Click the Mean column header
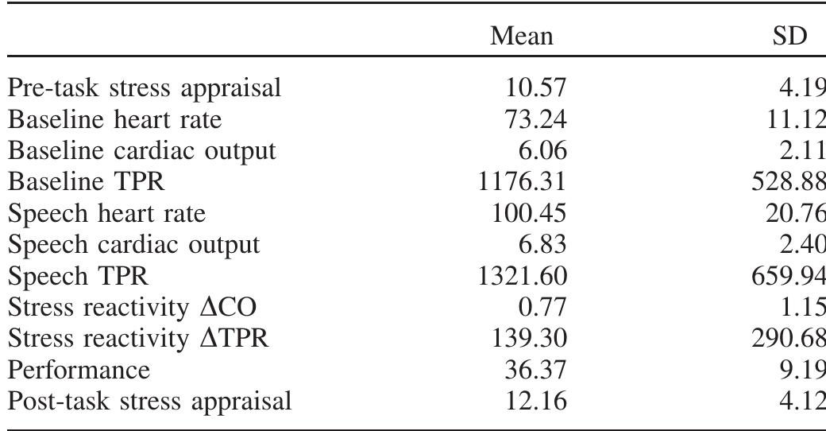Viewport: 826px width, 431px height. [x=521, y=36]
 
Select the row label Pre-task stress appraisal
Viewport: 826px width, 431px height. [x=145, y=88]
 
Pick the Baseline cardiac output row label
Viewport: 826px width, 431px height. [x=141, y=150]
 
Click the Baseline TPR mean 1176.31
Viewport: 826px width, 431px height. [x=520, y=182]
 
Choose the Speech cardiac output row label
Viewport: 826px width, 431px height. [x=134, y=245]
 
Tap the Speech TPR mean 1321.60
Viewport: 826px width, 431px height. [x=520, y=276]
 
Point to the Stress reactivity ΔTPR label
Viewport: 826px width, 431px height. [x=138, y=339]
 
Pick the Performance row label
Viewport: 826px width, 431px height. [x=79, y=371]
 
